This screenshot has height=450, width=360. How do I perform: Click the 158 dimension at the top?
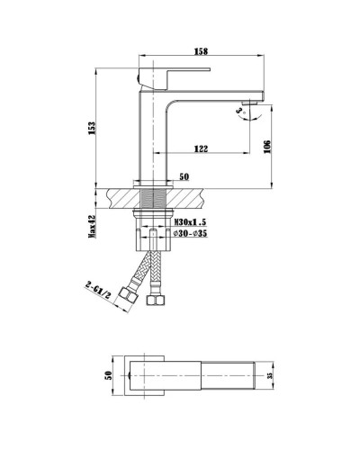tap(202, 50)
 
